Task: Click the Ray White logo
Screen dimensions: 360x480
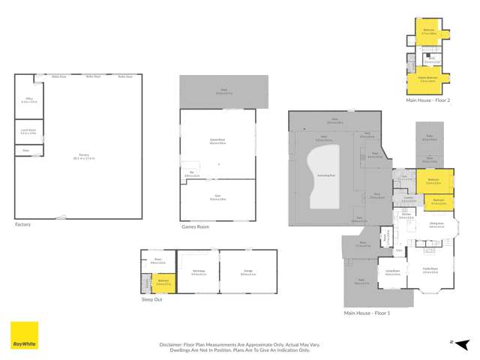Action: click(24, 336)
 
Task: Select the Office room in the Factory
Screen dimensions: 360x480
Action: click(28, 100)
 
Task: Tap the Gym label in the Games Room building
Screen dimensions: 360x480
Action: click(217, 198)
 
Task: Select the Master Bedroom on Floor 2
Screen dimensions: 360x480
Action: click(427, 80)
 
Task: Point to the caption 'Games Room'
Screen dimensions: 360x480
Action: click(195, 226)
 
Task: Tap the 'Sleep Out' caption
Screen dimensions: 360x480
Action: click(152, 298)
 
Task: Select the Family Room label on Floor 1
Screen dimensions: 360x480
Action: click(430, 271)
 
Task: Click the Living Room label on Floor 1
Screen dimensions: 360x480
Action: click(392, 273)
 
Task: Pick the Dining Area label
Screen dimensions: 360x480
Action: click(436, 224)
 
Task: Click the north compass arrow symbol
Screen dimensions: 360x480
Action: click(452, 342)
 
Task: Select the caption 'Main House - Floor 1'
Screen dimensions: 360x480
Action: click(367, 313)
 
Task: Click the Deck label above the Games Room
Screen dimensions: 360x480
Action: click(223, 92)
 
